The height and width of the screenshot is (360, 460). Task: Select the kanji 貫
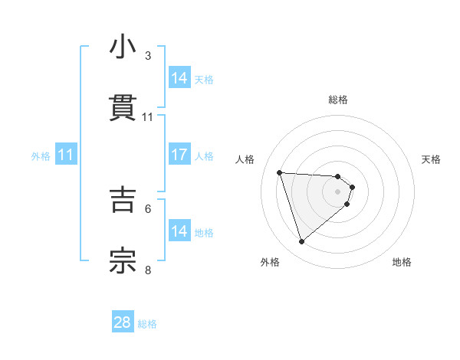(123, 109)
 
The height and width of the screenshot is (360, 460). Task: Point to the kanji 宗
(123, 260)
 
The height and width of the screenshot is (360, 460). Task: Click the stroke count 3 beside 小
(148, 56)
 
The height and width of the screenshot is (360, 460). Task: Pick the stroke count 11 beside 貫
(148, 117)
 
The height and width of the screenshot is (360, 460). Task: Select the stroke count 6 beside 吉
(148, 208)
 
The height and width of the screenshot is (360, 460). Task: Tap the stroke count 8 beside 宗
(148, 269)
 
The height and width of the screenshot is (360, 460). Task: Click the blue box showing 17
(179, 155)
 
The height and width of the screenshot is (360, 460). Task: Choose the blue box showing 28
(123, 322)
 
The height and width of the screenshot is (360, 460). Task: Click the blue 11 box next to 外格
(66, 155)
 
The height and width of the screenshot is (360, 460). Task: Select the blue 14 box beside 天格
(179, 78)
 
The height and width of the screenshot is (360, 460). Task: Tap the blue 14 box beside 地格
(179, 231)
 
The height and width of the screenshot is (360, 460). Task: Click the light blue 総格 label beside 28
(147, 324)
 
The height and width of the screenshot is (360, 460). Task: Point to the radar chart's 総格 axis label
(338, 100)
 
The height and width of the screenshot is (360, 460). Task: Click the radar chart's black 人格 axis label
(245, 159)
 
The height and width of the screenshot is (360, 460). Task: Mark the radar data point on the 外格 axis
(301, 242)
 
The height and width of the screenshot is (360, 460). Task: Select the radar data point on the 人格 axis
(280, 172)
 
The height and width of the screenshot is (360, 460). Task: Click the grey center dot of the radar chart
(338, 201)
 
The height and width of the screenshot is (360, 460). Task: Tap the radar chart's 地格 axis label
(402, 262)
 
